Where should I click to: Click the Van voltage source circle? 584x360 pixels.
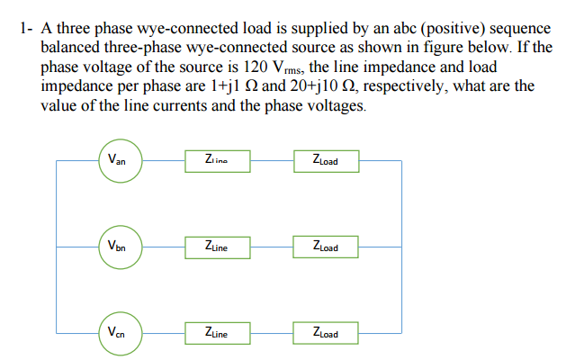tap(117, 162)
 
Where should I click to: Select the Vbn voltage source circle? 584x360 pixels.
tap(117, 247)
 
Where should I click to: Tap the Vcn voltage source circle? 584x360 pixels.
tap(117, 333)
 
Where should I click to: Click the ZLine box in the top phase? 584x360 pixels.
tap(216, 162)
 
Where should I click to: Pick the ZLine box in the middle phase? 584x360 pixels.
tap(216, 247)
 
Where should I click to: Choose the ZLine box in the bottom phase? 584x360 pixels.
tap(216, 333)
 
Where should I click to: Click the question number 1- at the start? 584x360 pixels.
tap(26, 28)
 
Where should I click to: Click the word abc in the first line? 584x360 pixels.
tap(389, 28)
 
